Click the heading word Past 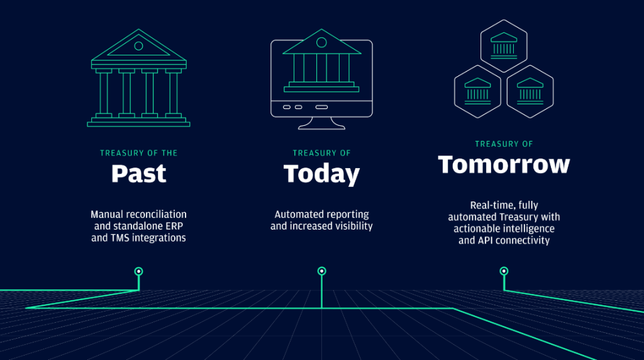(x=139, y=174)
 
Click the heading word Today (x=321, y=174)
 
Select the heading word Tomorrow (x=504, y=164)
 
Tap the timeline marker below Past (x=139, y=271)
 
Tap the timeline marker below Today (x=321, y=271)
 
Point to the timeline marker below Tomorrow (x=504, y=271)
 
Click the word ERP (x=175, y=226)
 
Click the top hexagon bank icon (x=504, y=46)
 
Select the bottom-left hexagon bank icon (x=478, y=92)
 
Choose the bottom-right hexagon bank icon (x=530, y=92)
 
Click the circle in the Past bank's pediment (x=139, y=45)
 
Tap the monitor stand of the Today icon (x=321, y=123)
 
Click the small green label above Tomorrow (x=504, y=144)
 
